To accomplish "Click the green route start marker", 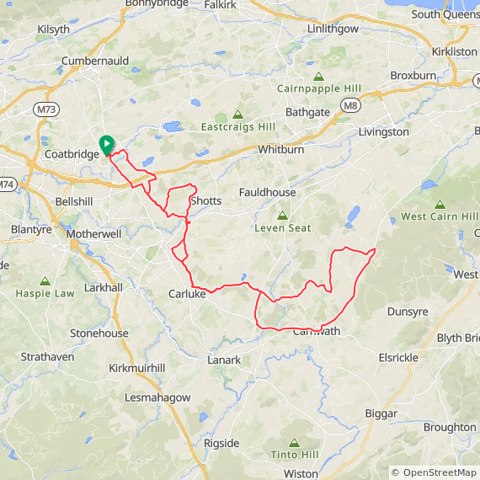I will pos(106,145).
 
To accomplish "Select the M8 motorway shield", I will pos(350,104).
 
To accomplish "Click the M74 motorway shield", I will pos(6,184).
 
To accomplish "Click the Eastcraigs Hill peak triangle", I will pos(237,115).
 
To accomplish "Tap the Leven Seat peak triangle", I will pos(282,216).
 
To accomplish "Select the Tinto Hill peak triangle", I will pos(293,443).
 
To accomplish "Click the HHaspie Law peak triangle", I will pos(45,281).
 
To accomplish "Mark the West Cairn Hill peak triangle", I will pos(440,205).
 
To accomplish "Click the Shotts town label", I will pos(205,201).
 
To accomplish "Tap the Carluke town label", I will pos(187,294).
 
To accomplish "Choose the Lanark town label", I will pos(224,360).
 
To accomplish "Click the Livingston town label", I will pos(383,132).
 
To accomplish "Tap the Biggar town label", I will pos(381,413).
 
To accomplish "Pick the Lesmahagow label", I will pos(157,397).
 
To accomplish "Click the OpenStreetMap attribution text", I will pos(434,473).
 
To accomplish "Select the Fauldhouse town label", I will pos(267,192).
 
